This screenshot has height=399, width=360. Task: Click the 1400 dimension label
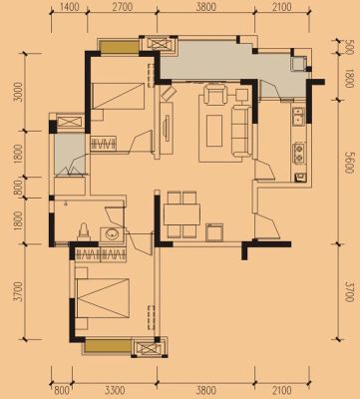click(69, 7)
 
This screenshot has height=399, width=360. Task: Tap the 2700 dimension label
click(122, 7)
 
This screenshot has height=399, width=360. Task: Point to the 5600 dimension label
click(348, 163)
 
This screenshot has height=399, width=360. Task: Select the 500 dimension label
click(348, 46)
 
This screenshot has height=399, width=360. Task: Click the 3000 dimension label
click(20, 92)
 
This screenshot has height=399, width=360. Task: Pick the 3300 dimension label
click(115, 390)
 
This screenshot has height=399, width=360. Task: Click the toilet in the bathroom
click(85, 231)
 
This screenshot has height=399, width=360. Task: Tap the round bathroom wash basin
click(112, 234)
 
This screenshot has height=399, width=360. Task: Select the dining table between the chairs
click(181, 214)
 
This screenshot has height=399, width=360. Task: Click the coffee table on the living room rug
click(214, 131)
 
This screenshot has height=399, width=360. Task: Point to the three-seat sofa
click(241, 131)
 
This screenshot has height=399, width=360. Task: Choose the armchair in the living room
click(216, 94)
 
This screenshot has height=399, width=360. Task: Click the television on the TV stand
click(168, 128)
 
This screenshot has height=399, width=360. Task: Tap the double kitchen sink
click(298, 116)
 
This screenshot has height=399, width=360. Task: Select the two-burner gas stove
click(299, 154)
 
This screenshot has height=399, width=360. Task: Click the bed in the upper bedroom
click(118, 97)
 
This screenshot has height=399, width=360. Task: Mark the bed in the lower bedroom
click(103, 298)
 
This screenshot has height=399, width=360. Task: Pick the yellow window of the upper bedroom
click(120, 47)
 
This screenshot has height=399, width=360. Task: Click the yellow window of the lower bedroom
click(108, 346)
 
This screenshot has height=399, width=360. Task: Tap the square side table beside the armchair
click(241, 95)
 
